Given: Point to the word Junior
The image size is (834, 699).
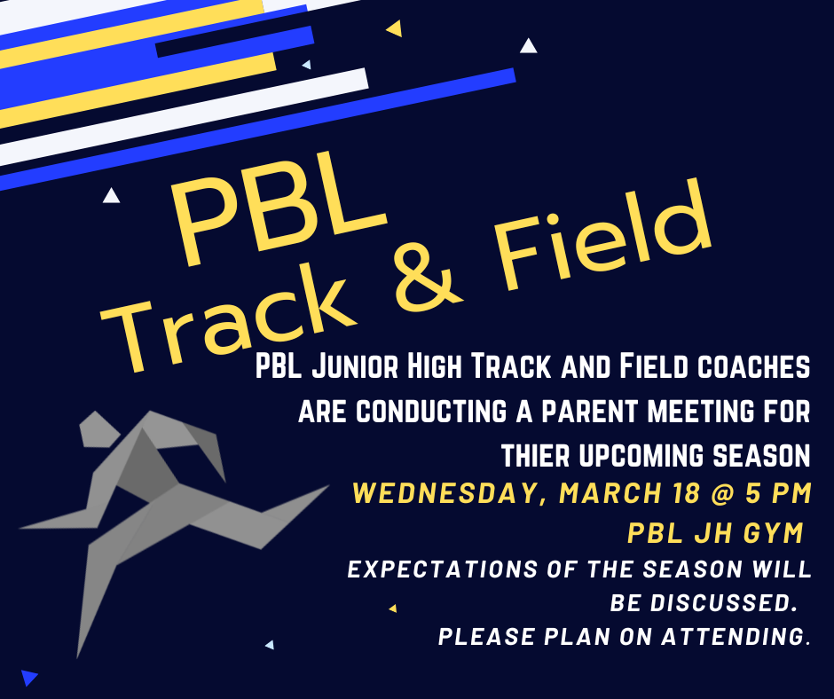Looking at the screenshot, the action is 355,366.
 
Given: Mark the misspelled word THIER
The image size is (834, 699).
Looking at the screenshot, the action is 536,456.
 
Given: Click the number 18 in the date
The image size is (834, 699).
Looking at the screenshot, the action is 686,493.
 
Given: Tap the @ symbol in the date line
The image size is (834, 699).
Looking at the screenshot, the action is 722,493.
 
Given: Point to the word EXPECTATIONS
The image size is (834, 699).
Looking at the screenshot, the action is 442,569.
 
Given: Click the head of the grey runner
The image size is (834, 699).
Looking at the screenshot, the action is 98,428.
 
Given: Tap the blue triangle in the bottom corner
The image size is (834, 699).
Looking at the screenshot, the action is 28,678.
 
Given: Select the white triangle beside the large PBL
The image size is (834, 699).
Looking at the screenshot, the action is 111,196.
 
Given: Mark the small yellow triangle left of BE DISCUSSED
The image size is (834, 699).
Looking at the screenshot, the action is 393,608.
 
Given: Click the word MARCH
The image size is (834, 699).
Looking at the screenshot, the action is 610,493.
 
